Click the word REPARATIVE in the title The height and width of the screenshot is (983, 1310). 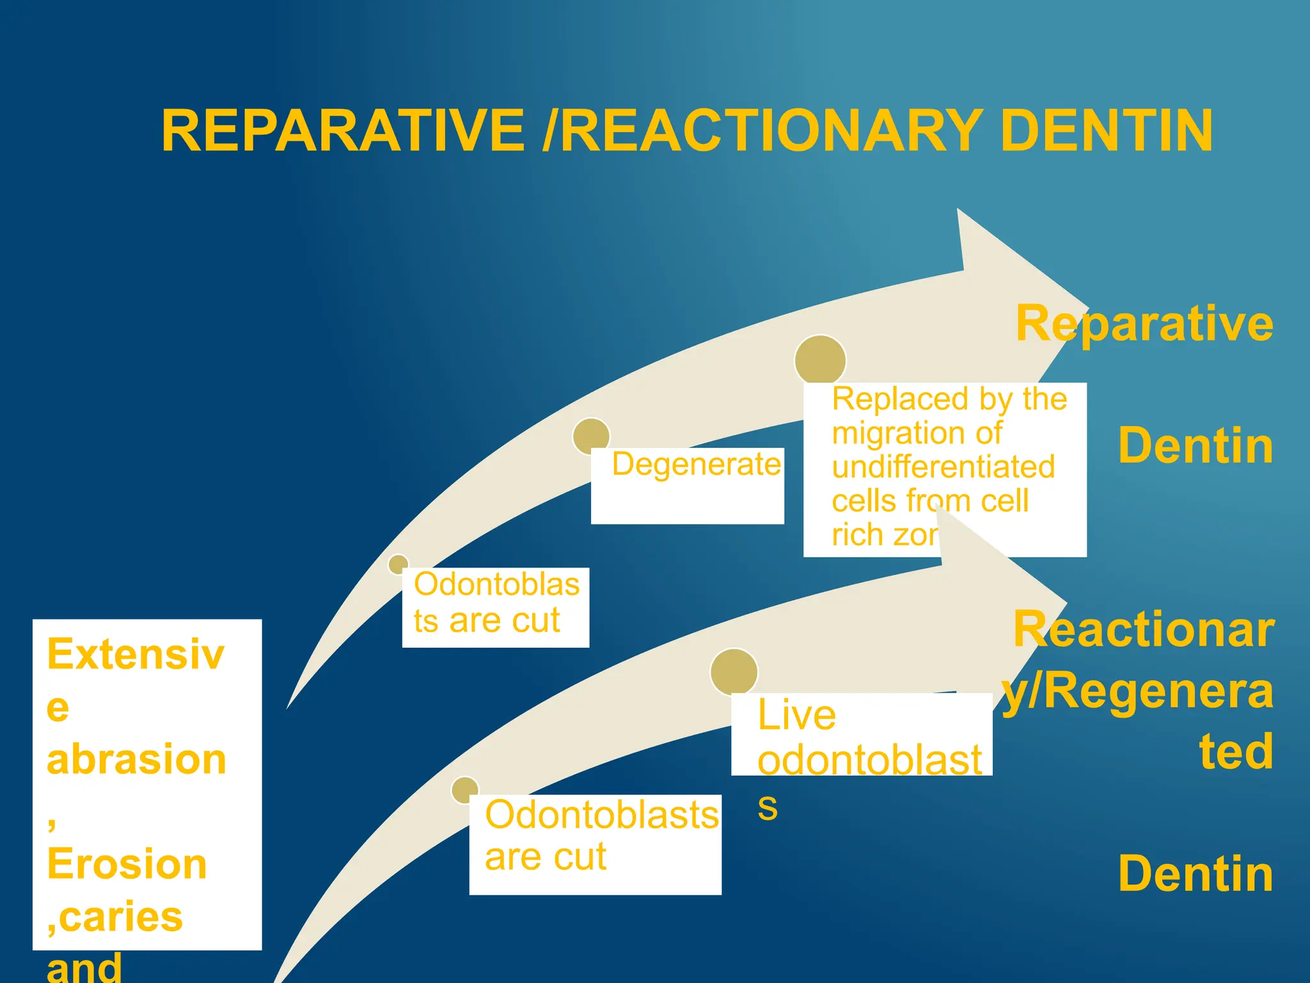tap(343, 131)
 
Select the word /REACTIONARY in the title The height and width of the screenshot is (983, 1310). tap(761, 131)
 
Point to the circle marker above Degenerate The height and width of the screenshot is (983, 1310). tap(591, 436)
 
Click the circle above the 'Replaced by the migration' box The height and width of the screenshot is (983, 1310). tap(820, 360)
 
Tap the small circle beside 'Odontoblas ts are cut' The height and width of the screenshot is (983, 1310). tap(399, 564)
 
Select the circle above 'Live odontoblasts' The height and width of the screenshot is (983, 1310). tap(734, 672)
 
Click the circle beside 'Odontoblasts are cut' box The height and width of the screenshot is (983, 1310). tap(465, 790)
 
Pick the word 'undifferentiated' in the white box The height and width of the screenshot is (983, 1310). tap(943, 467)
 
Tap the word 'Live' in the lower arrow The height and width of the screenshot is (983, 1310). tap(796, 715)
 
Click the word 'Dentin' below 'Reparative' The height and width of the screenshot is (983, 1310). tap(1195, 446)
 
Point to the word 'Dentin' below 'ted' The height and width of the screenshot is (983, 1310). tap(1195, 874)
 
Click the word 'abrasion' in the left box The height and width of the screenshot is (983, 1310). tap(136, 760)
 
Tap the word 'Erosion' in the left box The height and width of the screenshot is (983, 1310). tap(127, 865)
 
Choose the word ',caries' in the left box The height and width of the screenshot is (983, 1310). tap(115, 917)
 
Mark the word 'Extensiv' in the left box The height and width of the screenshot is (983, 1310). tap(136, 655)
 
